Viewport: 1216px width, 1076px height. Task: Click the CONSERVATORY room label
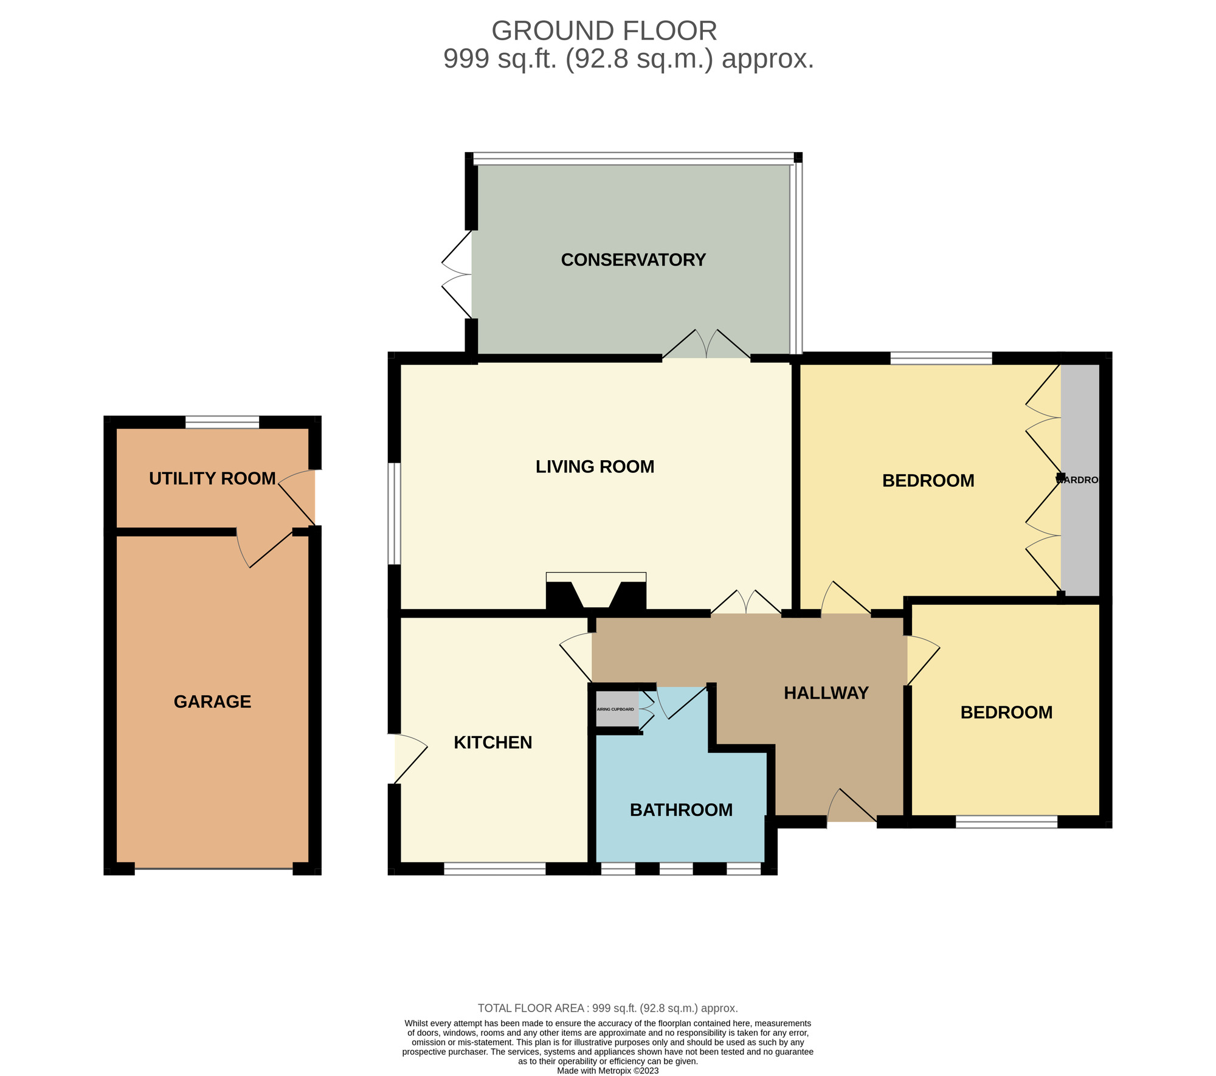[x=633, y=260]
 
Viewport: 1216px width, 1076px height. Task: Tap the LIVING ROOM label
[x=595, y=467]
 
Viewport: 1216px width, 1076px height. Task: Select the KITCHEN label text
[x=493, y=742]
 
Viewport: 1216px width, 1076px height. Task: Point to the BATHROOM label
[x=681, y=810]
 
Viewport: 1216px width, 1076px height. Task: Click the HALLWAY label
[x=826, y=693]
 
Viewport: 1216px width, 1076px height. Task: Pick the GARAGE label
[x=212, y=702]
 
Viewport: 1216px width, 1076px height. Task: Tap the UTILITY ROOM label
[x=212, y=479]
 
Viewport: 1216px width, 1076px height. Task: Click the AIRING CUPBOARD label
[x=615, y=709]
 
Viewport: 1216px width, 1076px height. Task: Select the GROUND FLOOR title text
[x=604, y=30]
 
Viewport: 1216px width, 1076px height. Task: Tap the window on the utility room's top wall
[x=222, y=422]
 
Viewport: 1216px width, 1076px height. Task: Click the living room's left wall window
[x=395, y=514]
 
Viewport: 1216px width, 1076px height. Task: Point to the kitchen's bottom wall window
[x=494, y=869]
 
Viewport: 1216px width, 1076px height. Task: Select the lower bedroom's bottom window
[x=1006, y=822]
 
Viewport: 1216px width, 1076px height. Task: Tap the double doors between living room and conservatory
[x=706, y=353]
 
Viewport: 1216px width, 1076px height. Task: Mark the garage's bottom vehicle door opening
[x=213, y=869]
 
